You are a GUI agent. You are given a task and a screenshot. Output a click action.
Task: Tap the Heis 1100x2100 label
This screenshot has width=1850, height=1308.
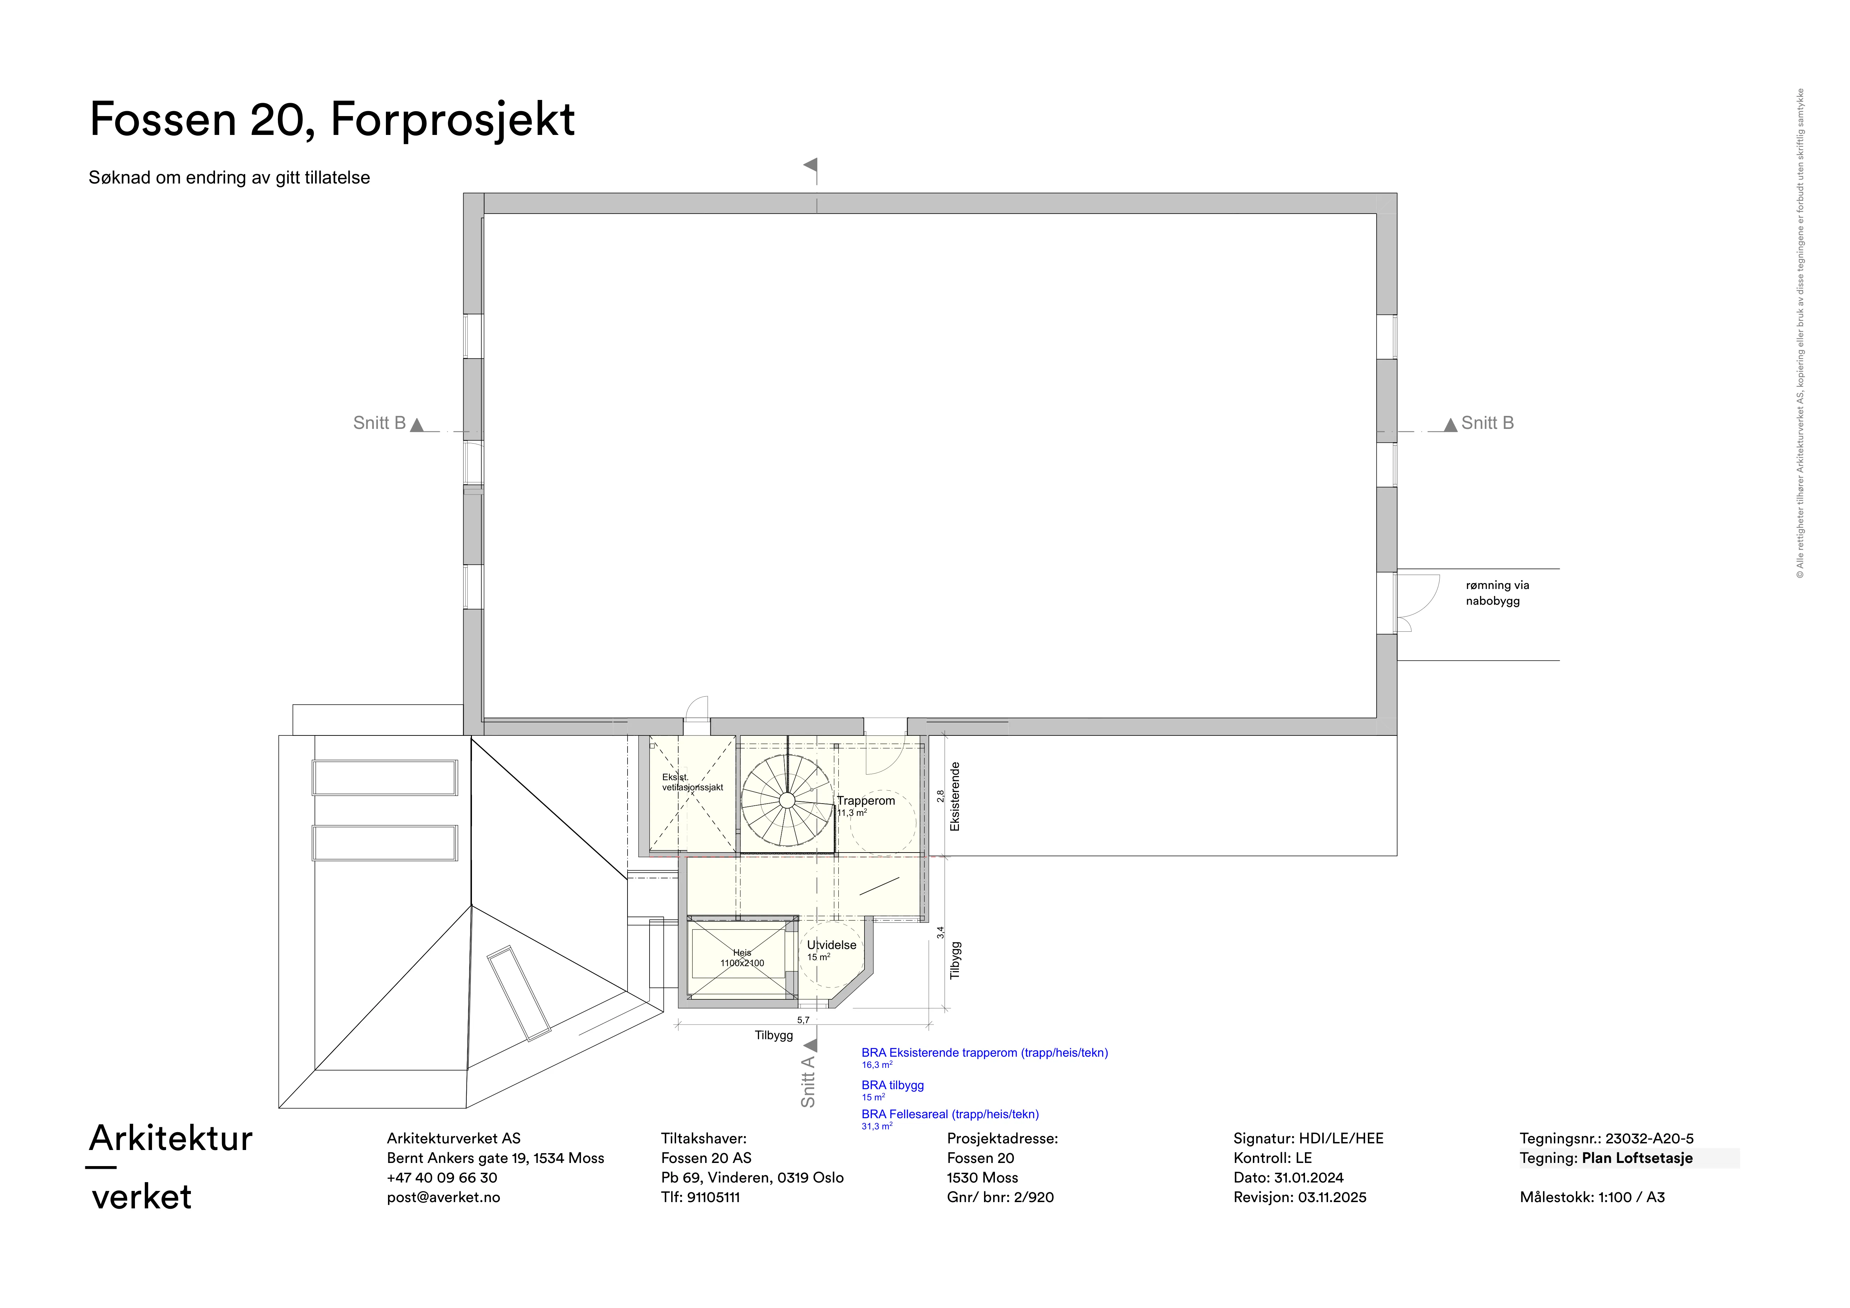pos(742,958)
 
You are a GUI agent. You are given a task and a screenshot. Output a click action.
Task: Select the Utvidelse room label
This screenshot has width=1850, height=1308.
pos(832,945)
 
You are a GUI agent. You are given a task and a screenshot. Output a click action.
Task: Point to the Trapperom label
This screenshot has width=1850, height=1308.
pos(865,800)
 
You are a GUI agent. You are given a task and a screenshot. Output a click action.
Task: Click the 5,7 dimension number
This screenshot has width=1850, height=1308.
pos(803,1020)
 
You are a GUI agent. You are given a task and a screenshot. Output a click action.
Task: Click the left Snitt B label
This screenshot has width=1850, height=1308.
pos(379,423)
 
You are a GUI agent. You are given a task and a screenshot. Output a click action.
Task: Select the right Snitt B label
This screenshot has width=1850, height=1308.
pos(1487,423)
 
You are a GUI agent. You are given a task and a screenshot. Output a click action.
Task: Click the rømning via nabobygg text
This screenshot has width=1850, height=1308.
pos(1497,593)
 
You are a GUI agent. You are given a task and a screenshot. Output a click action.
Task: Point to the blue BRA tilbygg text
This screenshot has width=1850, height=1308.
pos(893,1085)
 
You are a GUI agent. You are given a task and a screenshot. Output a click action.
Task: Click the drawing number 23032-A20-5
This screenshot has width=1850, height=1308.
pos(1649,1138)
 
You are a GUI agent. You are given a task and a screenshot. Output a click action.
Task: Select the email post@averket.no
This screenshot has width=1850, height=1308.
pos(443,1197)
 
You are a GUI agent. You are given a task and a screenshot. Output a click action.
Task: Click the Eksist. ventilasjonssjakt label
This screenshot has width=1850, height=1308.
pos(692,782)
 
